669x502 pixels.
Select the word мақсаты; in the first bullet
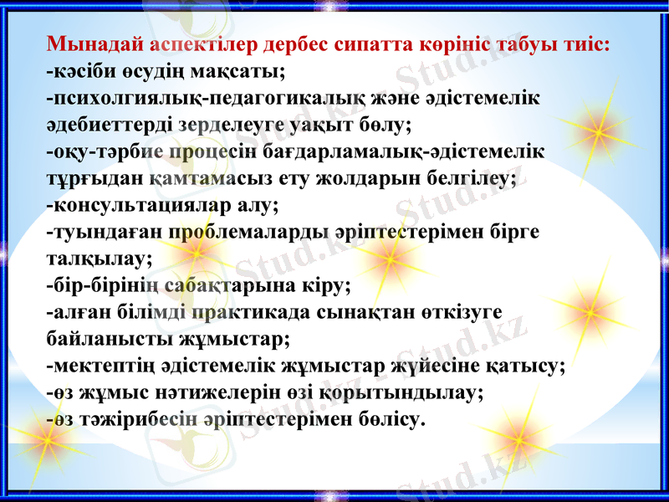tap(243, 70)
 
